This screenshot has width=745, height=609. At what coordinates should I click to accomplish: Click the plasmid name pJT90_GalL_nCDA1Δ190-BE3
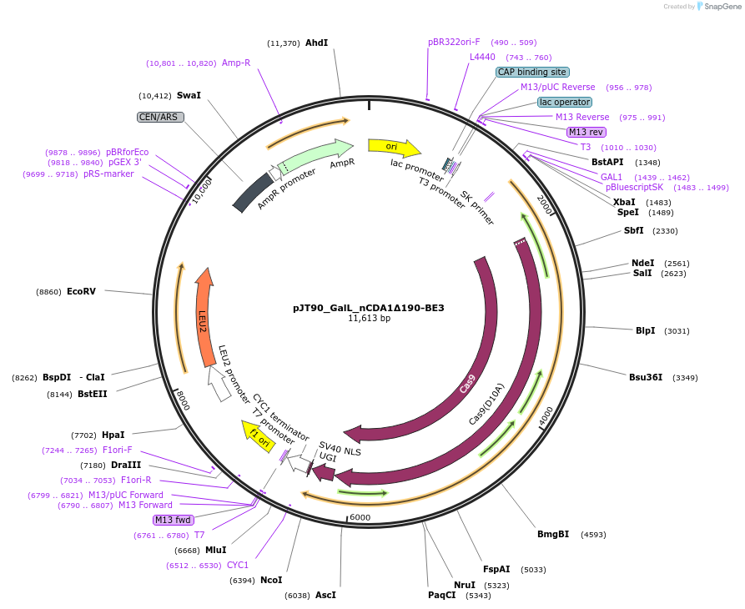pyautogui.click(x=368, y=308)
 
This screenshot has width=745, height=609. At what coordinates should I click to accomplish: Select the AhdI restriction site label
pyautogui.click(x=316, y=43)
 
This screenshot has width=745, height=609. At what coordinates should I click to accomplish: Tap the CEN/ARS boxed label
pyautogui.click(x=160, y=118)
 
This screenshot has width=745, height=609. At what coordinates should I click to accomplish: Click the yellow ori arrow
pyautogui.click(x=393, y=148)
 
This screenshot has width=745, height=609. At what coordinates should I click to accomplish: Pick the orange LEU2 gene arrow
pyautogui.click(x=203, y=318)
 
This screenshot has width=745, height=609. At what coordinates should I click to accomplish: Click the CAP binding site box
pyautogui.click(x=532, y=73)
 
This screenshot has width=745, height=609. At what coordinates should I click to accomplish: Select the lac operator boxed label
pyautogui.click(x=565, y=103)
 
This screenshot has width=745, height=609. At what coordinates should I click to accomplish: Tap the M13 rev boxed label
pyautogui.click(x=586, y=133)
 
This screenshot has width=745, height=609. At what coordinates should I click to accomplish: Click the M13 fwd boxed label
pyautogui.click(x=173, y=520)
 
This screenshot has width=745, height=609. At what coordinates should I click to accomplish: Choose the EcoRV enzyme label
pyautogui.click(x=81, y=292)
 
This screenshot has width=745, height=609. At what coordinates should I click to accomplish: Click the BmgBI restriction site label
pyautogui.click(x=552, y=534)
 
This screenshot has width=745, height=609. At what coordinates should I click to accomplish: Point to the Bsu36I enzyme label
pyautogui.click(x=646, y=377)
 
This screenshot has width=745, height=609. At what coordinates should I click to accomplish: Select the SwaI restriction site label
pyautogui.click(x=189, y=96)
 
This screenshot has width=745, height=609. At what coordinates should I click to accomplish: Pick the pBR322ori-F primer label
pyautogui.click(x=454, y=43)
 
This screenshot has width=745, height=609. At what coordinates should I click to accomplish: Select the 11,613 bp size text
pyautogui.click(x=369, y=319)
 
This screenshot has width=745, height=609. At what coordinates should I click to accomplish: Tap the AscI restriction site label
pyautogui.click(x=325, y=595)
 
